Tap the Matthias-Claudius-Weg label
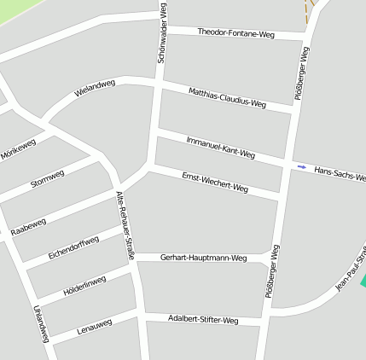point(227,97)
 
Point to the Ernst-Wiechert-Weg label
point(215,182)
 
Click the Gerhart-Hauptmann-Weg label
point(203,257)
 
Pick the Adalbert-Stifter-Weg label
point(203,320)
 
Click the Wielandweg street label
point(94,89)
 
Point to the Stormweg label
point(47,181)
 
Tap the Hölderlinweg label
point(84,287)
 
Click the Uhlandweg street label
point(40,322)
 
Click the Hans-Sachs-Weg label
point(340,174)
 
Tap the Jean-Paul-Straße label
point(351,269)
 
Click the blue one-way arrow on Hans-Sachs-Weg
point(301,166)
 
